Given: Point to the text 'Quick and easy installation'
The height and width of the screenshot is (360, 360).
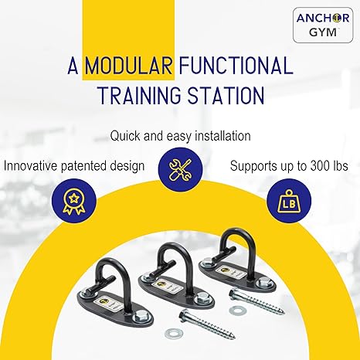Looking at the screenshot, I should (x=180, y=135).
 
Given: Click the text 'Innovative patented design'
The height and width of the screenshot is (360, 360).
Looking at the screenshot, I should (x=74, y=165).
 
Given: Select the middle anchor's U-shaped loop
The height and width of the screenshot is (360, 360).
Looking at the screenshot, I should (x=171, y=255).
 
